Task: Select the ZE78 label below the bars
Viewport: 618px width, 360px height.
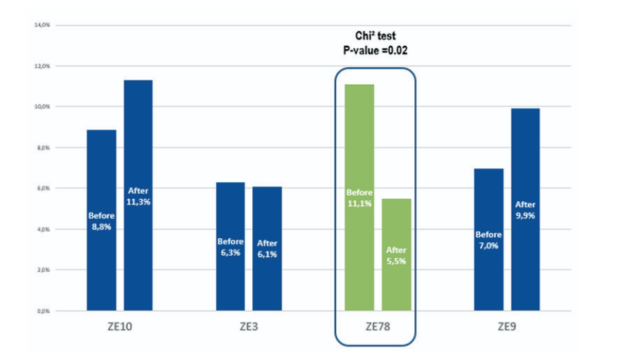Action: (377, 328)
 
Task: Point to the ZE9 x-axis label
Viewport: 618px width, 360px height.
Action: (507, 328)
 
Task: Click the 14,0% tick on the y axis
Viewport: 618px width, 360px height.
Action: (42, 26)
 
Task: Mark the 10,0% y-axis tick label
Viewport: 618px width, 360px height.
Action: (42, 107)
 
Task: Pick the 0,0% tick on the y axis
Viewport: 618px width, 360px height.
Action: (43, 312)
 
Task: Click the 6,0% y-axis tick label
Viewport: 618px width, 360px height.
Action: (43, 189)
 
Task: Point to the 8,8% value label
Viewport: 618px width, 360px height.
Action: (102, 227)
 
